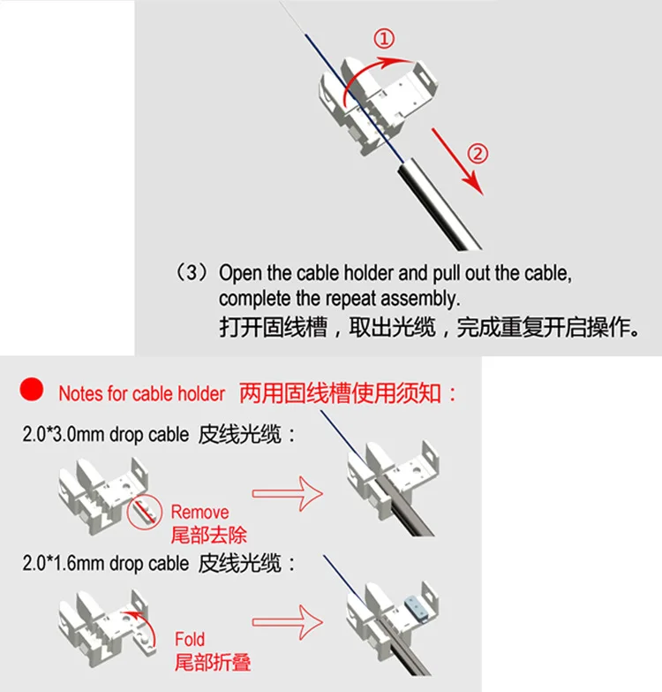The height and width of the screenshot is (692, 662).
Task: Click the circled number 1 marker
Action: point(384,38)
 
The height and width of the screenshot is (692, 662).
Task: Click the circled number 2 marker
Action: point(478,154)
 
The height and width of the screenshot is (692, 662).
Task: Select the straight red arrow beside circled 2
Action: point(457,161)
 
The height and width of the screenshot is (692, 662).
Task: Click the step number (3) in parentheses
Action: point(192,272)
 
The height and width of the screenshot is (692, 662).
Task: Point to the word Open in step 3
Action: point(240,273)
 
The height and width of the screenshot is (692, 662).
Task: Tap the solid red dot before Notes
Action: point(31,389)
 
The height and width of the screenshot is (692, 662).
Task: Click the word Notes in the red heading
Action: point(80,393)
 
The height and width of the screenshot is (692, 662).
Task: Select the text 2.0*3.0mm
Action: point(64,434)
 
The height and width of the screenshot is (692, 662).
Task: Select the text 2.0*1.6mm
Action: point(64,563)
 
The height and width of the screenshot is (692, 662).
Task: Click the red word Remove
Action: point(199,512)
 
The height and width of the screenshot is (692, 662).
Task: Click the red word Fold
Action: point(190,639)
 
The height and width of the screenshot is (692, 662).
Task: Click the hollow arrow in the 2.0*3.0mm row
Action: point(288,493)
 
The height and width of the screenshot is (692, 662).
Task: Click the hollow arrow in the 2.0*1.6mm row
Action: point(288,622)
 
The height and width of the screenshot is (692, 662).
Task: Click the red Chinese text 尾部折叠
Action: point(213,663)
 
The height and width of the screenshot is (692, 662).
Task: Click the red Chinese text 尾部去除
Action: point(209,536)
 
